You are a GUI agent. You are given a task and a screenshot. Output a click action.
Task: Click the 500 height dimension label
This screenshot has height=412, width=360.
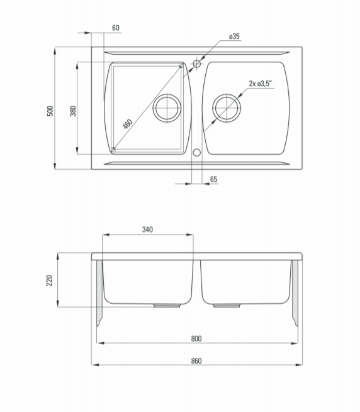[50, 111]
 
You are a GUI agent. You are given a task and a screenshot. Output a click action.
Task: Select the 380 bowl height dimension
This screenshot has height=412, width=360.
[73, 111]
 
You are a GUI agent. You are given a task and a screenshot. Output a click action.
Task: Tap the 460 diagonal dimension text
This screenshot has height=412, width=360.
[128, 124]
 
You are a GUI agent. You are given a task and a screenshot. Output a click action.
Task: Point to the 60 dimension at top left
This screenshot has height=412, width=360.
[116, 28]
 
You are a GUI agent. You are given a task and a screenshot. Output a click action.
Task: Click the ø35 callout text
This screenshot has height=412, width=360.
[234, 36]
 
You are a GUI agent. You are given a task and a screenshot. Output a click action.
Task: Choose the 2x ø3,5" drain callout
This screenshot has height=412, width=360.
[260, 84]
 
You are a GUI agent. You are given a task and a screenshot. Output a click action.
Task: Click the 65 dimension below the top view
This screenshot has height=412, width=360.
[214, 179]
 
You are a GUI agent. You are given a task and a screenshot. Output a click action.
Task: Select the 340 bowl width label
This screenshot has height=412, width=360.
[147, 230]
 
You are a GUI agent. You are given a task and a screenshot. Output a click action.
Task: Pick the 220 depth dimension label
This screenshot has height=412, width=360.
[49, 281]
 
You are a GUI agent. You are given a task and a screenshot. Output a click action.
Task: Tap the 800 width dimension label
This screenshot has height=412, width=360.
[196, 338]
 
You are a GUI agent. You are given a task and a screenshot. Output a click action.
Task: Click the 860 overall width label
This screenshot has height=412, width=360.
[196, 361]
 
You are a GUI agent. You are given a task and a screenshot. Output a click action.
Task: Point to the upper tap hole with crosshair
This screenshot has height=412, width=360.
[197, 64]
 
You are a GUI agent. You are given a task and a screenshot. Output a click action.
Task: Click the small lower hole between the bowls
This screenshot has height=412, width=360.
[197, 152]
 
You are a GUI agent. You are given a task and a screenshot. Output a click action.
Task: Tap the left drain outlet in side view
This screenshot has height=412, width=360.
[167, 306]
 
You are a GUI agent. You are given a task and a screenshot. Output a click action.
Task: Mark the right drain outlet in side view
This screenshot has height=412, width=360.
[227, 306]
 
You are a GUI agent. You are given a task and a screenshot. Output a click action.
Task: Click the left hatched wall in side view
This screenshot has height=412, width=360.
[99, 292]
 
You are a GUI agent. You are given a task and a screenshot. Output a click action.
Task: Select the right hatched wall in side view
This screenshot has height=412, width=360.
[295, 292]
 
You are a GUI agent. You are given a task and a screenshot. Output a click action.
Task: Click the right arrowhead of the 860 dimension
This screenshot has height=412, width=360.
[299, 365]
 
